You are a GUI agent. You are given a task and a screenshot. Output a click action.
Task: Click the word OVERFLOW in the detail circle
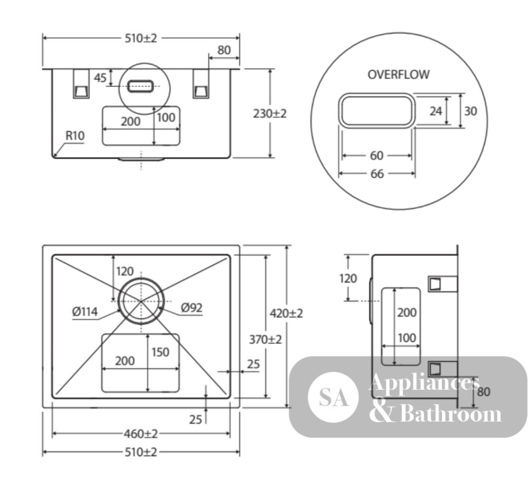pos(398,75)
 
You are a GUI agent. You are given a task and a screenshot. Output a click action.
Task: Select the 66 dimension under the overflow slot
pos(377,173)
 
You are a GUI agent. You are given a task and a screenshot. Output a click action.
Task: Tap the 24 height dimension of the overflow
pos(436,111)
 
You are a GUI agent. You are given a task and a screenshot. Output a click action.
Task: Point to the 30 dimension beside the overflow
pos(470,111)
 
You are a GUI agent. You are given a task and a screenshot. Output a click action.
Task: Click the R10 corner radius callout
pos(75,135)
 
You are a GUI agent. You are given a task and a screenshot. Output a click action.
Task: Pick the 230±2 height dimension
pos(270,114)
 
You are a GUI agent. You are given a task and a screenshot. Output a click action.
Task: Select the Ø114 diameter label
pos(85,312)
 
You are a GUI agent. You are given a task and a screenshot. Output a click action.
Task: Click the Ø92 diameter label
pos(192,307)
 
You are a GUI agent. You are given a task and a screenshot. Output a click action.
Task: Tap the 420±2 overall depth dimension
pos(286,313)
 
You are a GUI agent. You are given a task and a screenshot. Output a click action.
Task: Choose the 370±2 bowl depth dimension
pos(266,339)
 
